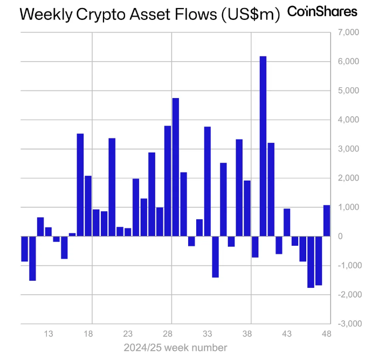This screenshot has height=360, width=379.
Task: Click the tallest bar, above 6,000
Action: click(263, 146)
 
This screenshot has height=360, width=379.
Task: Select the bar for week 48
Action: click(327, 220)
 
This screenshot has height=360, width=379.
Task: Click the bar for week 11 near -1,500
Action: click(32, 258)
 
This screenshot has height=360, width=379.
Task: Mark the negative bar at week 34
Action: click(215, 257)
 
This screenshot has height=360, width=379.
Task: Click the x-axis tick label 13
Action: click(49, 334)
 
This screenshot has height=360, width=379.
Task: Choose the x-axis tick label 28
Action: click(168, 334)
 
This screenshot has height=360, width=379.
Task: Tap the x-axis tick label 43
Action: click(287, 334)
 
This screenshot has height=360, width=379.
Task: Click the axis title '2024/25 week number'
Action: click(175, 348)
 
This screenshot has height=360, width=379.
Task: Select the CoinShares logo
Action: click(322, 11)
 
